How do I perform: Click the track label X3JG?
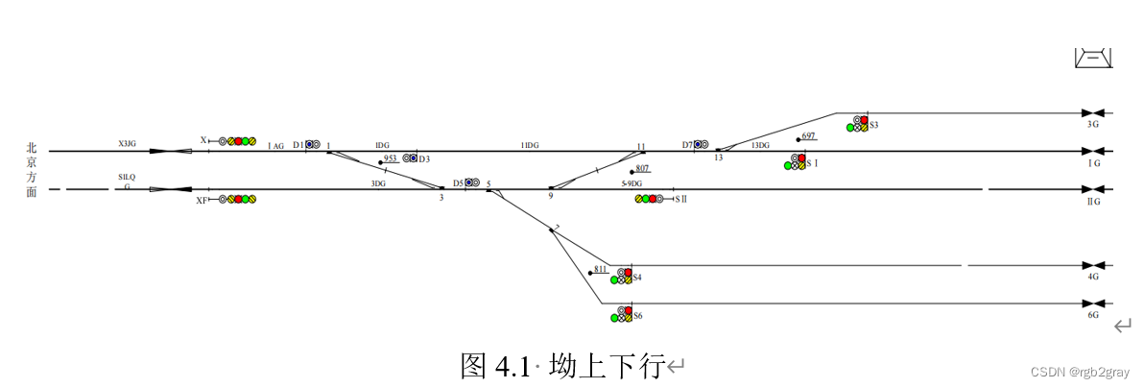[127, 144]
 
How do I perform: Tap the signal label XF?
[202, 201]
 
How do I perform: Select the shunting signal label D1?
[298, 145]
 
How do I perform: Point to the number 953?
[391, 158]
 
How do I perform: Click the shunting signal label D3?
[424, 158]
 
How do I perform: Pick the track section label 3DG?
[378, 182]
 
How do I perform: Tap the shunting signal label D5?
[458, 182]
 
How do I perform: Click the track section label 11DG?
[530, 145]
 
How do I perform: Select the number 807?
[642, 169]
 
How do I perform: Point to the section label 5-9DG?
[632, 182]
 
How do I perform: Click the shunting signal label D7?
[687, 145]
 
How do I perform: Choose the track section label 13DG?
[760, 145]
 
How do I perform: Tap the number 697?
[808, 136]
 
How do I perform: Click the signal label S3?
[874, 125]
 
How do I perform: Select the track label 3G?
[1093, 125]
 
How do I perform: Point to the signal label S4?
[637, 278]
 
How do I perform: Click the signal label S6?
[638, 316]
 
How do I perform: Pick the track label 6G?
[1093, 315]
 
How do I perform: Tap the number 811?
[601, 270]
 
